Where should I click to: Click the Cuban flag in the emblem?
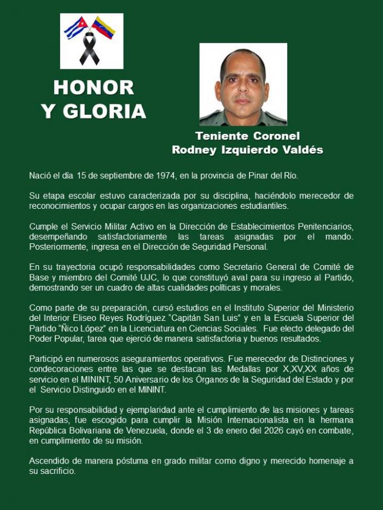tap(76, 28)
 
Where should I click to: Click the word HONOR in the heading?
tap(94, 87)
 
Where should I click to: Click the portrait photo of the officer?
tap(243, 84)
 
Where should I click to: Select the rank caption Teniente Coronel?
tap(247, 136)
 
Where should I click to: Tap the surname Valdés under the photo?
tap(300, 150)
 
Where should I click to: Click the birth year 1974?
tap(164, 175)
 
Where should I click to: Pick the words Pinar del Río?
tap(270, 175)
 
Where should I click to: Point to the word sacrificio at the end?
tap(57, 471)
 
